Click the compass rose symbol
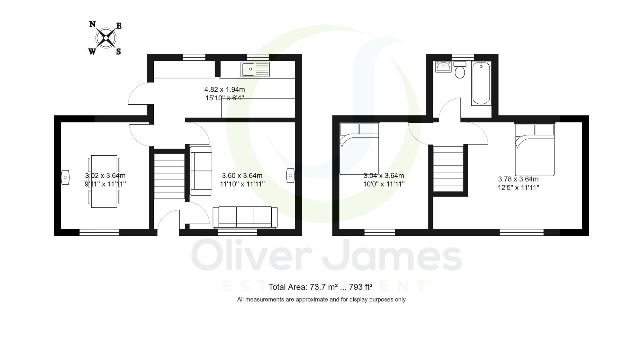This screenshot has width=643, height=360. click(106, 38)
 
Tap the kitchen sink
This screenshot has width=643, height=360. click(255, 69)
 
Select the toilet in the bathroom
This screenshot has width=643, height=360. click(460, 70)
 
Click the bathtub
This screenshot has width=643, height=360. click(481, 83)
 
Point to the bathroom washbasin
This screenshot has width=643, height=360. click(443, 67)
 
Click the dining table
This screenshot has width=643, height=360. click(104, 181)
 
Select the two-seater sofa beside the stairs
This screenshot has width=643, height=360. click(201, 171)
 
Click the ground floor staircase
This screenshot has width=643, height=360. click(169, 176)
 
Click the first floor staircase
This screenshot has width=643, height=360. click(448, 169)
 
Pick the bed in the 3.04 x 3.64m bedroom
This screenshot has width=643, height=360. click(359, 149)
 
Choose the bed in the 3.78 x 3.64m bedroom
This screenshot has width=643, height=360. click(535, 150)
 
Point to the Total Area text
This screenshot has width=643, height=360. click(320, 287)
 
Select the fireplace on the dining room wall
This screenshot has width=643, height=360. click(65, 177)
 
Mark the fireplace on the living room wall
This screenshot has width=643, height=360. click(290, 176)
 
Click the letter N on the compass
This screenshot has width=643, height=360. click(92, 24)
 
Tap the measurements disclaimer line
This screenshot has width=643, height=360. click(321, 300)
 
